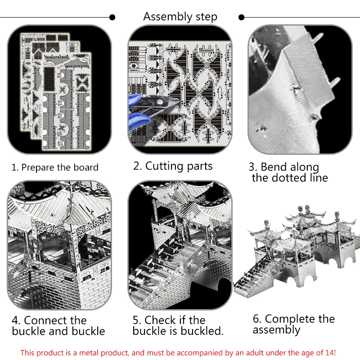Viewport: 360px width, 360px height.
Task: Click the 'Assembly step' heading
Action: point(180,17)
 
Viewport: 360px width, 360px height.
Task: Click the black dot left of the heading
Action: point(112,18)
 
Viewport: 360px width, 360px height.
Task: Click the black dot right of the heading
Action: point(242,18)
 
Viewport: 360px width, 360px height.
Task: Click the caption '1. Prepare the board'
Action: point(55,167)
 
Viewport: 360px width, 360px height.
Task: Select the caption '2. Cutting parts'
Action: point(173,166)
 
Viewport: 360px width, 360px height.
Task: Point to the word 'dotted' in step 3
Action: point(290,178)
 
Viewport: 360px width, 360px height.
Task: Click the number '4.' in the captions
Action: point(16,321)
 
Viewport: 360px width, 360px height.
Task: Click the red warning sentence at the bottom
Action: point(178,352)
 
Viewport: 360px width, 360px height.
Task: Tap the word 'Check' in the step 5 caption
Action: point(160,320)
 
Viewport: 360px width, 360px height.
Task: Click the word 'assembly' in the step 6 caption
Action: point(276,330)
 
